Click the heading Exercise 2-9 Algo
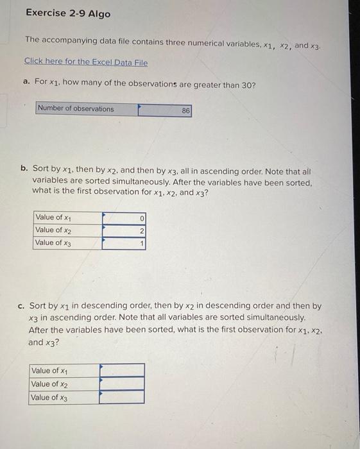point(68,13)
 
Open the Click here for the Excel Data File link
point(86,62)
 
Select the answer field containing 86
point(164,110)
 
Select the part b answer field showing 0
point(124,218)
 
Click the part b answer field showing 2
point(124,231)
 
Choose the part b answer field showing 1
point(124,244)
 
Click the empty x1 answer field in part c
point(122,370)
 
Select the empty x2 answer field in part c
point(122,384)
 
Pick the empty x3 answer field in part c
point(122,397)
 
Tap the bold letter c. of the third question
point(21,307)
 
